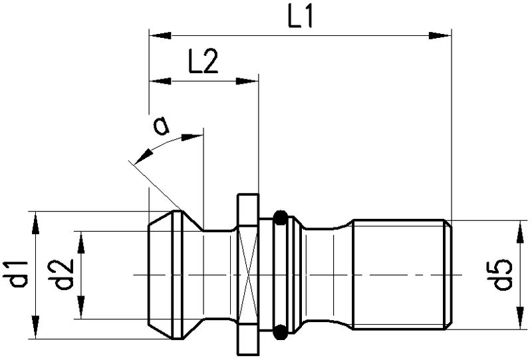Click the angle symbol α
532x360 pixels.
[x=160, y=125]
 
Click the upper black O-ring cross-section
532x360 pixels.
[x=281, y=216]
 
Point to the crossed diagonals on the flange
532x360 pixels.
[x=246, y=273]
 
